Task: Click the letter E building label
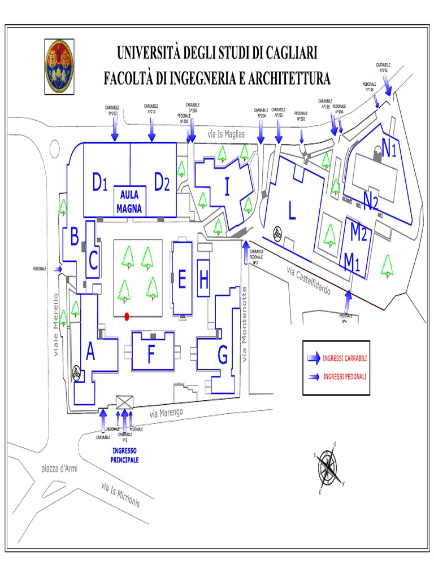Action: [x=182, y=279]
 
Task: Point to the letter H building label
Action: [x=204, y=278]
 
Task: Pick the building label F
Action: [x=151, y=355]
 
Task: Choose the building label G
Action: [x=222, y=356]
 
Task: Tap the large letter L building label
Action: [x=292, y=212]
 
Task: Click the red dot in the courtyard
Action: [x=127, y=316]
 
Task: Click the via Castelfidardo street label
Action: [x=316, y=281]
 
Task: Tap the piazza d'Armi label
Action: [x=59, y=469]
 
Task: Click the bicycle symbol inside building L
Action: [x=277, y=233]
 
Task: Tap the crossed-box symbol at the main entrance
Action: [x=124, y=402]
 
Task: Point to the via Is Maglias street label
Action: [x=226, y=134]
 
